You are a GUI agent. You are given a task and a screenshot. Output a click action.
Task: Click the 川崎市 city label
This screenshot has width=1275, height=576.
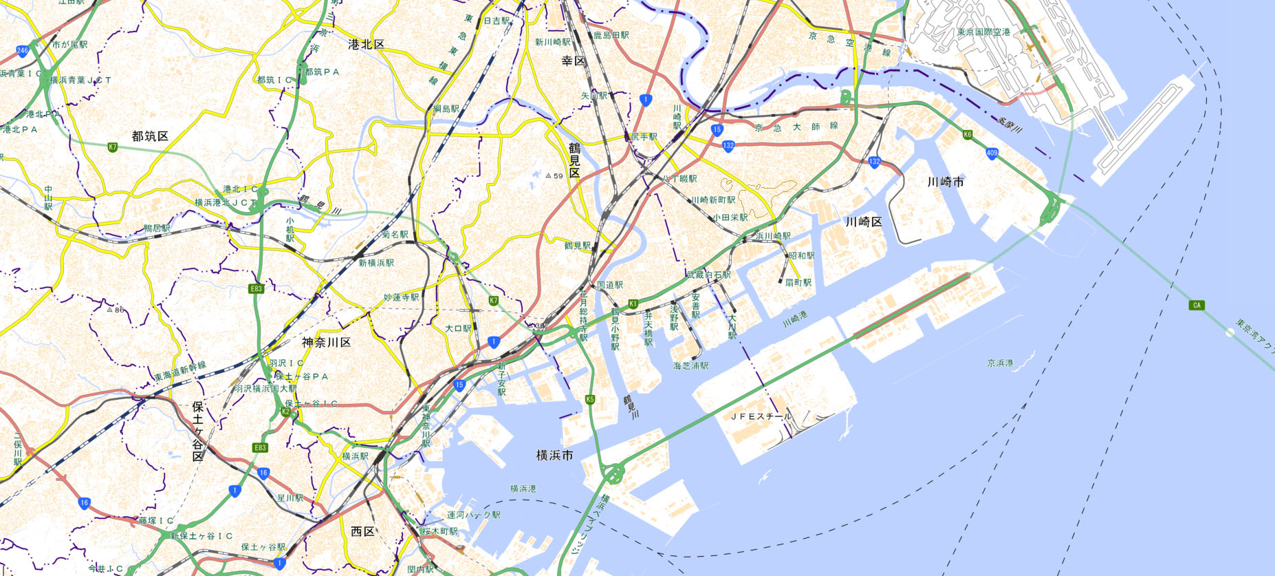point(945,182)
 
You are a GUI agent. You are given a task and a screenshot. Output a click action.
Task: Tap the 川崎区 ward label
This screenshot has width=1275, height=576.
point(863,222)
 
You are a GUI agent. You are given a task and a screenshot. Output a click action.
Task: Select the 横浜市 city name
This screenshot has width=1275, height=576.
point(554,456)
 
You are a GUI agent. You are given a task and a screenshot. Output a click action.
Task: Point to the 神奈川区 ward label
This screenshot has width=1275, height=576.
point(326,343)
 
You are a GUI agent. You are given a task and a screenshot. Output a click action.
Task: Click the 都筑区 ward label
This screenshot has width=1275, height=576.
point(150,136)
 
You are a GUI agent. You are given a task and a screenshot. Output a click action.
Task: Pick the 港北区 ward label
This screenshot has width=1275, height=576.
point(366,45)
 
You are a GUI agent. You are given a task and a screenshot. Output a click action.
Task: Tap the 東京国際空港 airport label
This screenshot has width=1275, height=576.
point(983,32)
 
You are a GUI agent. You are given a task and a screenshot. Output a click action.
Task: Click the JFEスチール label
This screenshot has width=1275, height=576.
point(761,417)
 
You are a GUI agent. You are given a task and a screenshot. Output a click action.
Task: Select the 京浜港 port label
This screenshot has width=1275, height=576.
point(1000,363)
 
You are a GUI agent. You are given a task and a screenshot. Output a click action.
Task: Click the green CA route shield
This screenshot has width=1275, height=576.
point(1197,305)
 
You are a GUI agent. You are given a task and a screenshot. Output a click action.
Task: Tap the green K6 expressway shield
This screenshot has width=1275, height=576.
point(968,135)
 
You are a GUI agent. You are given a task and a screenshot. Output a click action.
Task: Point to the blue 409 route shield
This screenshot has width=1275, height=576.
point(992,153)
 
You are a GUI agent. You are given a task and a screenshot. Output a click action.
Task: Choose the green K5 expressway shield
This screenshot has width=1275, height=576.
point(589,400)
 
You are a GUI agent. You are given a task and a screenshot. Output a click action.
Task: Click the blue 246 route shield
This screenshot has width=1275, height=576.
point(23,50)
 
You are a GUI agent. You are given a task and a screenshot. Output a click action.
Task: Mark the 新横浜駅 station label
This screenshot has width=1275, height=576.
point(376,264)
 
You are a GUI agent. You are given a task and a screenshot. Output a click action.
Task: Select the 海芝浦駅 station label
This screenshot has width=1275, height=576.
point(690,366)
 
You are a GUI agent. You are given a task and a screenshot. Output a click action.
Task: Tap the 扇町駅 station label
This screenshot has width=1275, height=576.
point(798,283)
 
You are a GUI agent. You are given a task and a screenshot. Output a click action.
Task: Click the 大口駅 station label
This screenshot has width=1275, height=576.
point(458,329)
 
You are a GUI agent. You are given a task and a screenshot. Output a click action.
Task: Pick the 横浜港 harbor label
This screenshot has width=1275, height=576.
point(523,489)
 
